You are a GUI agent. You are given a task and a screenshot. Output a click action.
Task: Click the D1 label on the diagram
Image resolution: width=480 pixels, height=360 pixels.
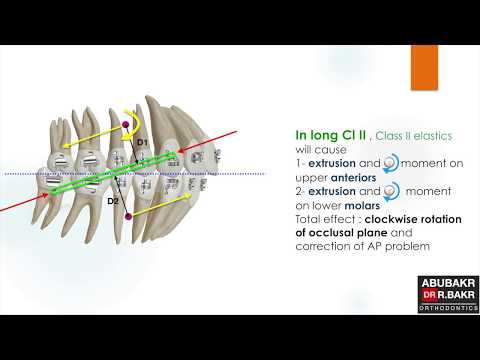(142, 143)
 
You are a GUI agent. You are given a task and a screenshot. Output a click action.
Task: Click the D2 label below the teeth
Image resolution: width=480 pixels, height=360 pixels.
(113, 201)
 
